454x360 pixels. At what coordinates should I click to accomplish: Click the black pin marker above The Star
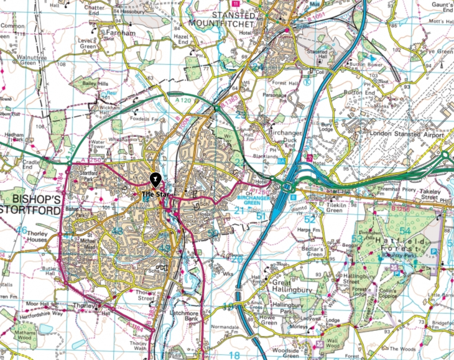click(154, 180)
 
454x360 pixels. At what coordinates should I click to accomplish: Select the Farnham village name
click(120, 32)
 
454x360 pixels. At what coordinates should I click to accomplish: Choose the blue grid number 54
click(405, 231)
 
